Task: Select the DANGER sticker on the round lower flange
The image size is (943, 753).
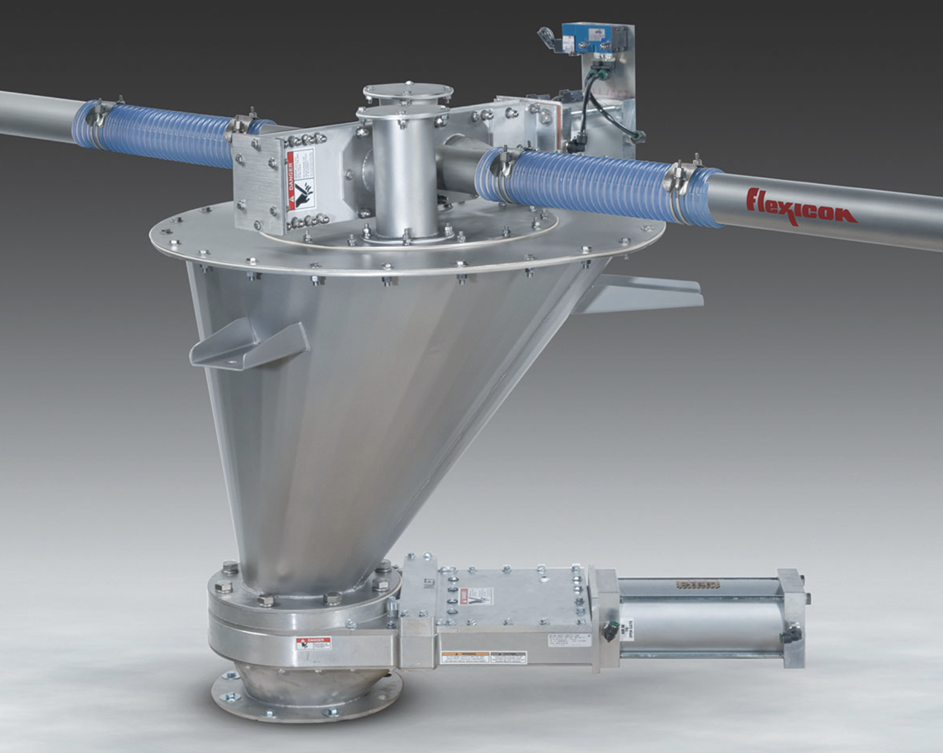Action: [313, 643]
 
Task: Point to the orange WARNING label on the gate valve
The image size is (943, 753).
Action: [465, 657]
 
